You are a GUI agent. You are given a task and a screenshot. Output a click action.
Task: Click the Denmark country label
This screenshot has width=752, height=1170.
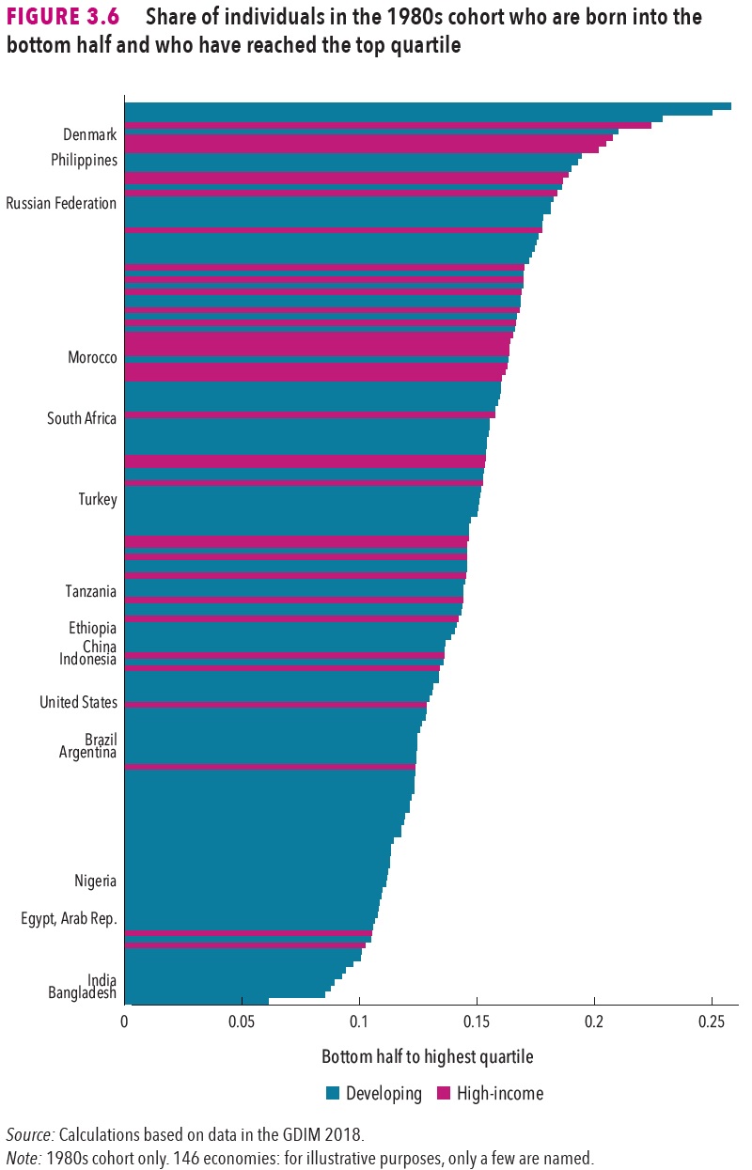pyautogui.click(x=89, y=135)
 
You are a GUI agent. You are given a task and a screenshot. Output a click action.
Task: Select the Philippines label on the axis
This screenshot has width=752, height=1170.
pyautogui.click(x=84, y=161)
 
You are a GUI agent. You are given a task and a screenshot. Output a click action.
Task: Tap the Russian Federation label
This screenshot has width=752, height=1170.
pyautogui.click(x=61, y=204)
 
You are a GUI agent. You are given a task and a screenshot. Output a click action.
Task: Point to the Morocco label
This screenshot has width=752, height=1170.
pyautogui.click(x=92, y=358)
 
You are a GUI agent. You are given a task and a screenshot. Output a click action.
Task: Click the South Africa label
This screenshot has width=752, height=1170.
pyautogui.click(x=82, y=419)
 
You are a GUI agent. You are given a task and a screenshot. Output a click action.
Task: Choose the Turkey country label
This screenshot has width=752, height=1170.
pyautogui.click(x=98, y=500)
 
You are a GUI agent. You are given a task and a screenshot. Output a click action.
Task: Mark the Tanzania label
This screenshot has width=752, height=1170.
pyautogui.click(x=90, y=592)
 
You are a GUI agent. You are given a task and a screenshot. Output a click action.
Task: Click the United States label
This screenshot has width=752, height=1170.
pyautogui.click(x=78, y=703)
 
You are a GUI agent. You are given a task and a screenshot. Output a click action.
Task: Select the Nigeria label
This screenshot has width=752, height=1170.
pyautogui.click(x=96, y=881)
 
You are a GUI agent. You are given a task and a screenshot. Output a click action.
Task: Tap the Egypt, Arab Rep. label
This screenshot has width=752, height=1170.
pyautogui.click(x=69, y=920)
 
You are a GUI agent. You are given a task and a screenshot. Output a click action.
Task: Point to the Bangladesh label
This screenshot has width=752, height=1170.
pyautogui.click(x=82, y=993)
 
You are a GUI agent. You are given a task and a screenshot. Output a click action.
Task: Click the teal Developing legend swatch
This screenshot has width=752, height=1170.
pyautogui.click(x=332, y=1093)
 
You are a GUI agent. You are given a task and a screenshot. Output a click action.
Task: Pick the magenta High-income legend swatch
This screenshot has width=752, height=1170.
pyautogui.click(x=443, y=1093)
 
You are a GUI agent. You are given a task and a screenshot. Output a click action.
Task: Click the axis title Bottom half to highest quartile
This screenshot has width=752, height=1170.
pyautogui.click(x=427, y=1057)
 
